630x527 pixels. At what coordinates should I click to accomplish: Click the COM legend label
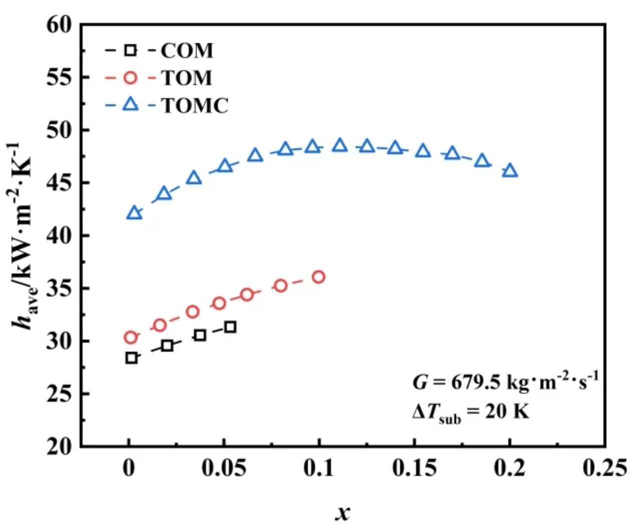187,51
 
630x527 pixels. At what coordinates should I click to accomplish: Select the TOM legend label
187,78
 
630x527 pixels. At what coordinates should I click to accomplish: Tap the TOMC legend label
195,106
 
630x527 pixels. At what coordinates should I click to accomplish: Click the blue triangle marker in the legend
131,104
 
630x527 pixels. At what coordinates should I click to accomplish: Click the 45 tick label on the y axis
59,183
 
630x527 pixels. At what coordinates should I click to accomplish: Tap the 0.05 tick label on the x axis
224,468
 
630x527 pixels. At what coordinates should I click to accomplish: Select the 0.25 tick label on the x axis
604,468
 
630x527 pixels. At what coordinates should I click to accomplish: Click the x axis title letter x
343,512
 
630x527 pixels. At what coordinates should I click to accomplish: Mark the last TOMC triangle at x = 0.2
510,171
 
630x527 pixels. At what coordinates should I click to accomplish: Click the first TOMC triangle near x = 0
134,213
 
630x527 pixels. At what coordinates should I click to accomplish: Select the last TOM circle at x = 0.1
319,277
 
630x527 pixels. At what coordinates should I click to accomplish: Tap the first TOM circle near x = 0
131,338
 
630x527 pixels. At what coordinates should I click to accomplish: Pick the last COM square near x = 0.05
230,327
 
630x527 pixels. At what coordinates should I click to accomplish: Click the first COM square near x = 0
131,358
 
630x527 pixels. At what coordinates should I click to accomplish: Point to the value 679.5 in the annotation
476,382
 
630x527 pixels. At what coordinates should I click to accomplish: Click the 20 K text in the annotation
506,412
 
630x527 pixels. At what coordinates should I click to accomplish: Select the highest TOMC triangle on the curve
340,145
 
